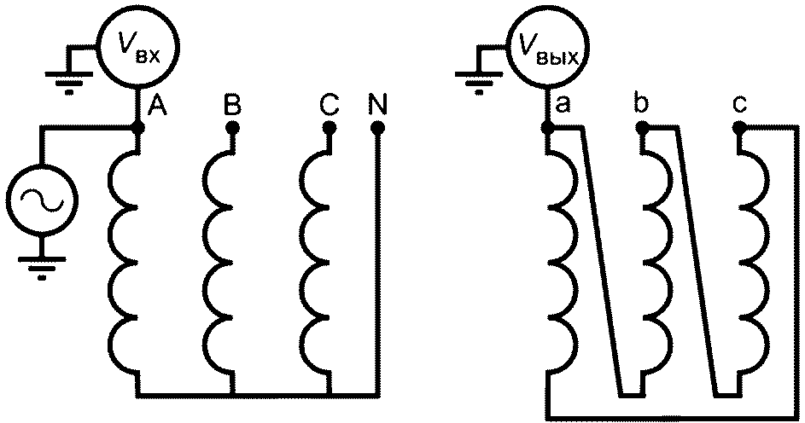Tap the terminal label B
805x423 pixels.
(231, 105)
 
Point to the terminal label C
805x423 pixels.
(329, 105)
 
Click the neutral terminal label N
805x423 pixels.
(377, 105)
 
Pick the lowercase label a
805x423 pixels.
(563, 105)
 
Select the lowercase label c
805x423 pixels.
(739, 105)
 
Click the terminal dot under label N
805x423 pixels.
(377, 127)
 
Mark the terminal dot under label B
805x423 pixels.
(231, 127)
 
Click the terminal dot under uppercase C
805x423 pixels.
(329, 127)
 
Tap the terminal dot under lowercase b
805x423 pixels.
(643, 127)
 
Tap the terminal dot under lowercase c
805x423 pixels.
(739, 127)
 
